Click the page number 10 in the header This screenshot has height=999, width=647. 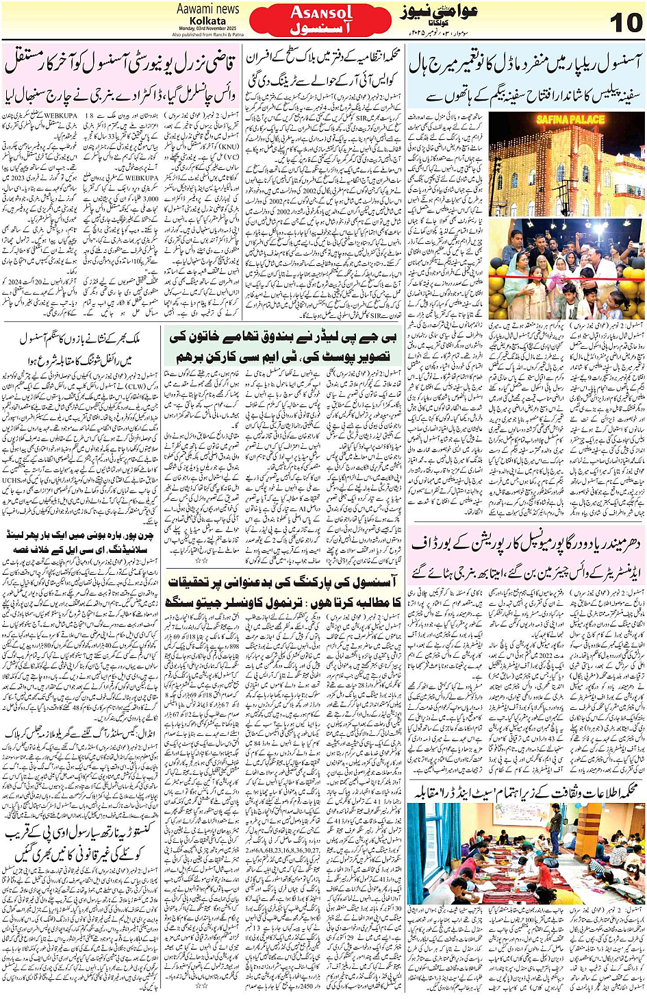tap(624, 23)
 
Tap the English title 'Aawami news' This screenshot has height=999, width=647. tap(207, 9)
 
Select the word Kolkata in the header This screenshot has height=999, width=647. tap(207, 21)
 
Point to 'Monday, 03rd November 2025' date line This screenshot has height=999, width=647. tap(207, 28)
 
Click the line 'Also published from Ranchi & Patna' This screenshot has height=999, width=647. tap(207, 34)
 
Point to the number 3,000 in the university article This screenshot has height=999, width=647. tap(150, 199)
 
